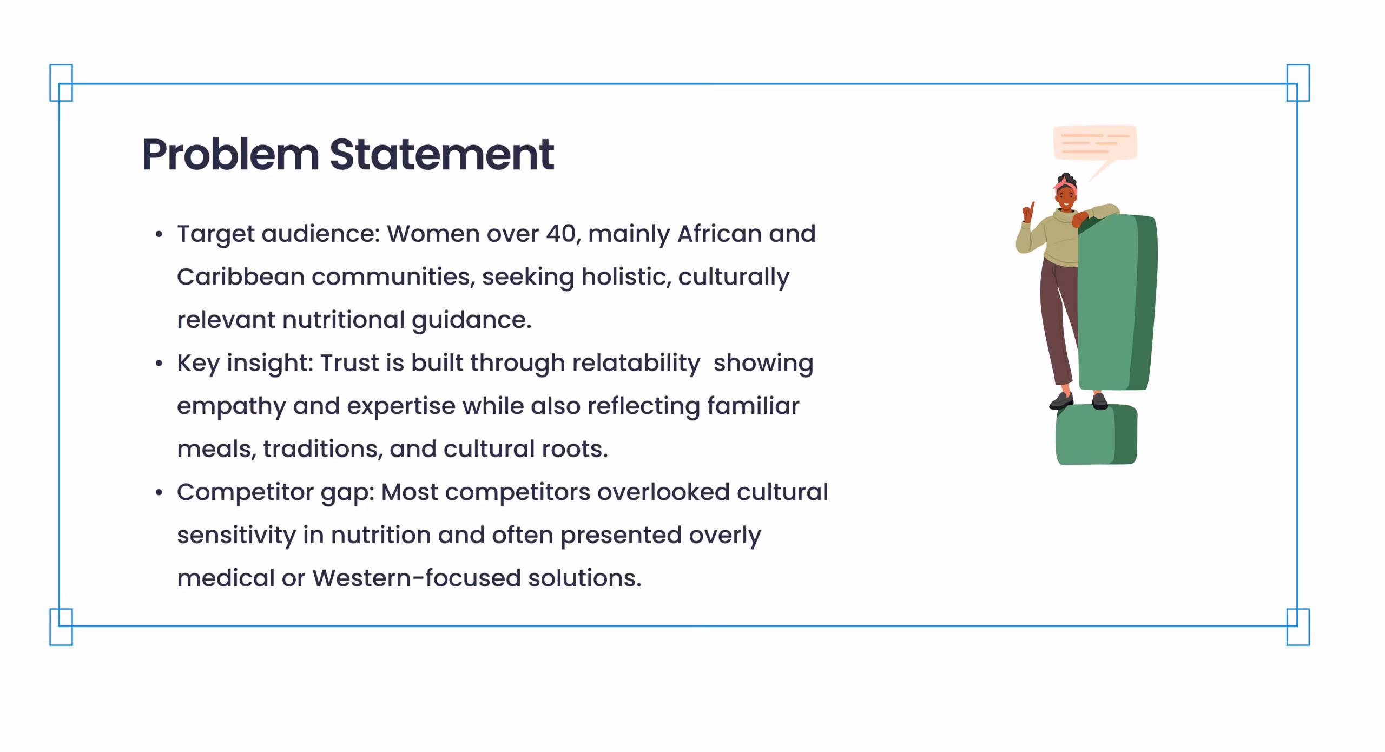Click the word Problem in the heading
pos(230,155)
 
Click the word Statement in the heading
pos(442,155)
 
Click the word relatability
pos(636,364)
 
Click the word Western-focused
pos(417,578)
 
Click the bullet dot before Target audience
pos(159,234)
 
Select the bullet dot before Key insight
pos(159,364)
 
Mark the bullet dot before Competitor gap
pos(159,492)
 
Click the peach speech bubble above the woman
pos(1095,144)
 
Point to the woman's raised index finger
pos(1032,208)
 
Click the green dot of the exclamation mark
pos(1096,434)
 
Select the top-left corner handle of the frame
pos(61,83)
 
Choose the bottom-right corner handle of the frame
pos(1298,627)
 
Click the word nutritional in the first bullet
pos(343,320)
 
